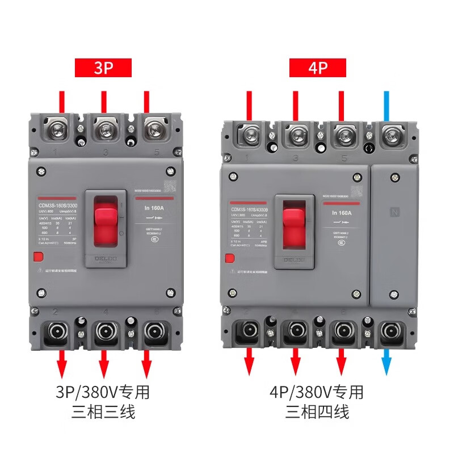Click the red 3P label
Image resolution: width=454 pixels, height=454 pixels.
(103, 69)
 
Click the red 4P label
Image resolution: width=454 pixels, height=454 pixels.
(317, 69)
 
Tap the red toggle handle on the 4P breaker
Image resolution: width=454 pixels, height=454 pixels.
(295, 225)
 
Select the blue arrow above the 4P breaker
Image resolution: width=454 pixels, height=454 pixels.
(387, 105)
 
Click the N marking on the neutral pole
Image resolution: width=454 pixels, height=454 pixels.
(395, 212)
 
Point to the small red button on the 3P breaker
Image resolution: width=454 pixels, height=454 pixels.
(38, 257)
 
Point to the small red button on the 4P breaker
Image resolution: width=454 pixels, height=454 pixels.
(229, 259)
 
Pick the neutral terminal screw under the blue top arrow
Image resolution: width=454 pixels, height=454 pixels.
(389, 136)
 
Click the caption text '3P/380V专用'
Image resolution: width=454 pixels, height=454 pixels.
(103, 392)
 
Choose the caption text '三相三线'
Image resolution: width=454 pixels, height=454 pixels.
(103, 412)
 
